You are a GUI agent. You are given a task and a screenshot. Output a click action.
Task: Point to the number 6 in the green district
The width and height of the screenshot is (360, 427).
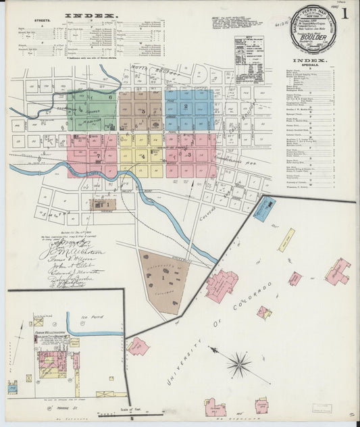(x=109, y=98)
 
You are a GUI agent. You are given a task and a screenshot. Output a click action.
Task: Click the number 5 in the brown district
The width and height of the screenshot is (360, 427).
(x=143, y=111)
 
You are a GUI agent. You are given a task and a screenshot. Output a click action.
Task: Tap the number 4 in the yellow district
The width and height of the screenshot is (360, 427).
(x=143, y=157)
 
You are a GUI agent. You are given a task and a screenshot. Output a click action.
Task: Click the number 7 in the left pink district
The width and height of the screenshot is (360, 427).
(x=99, y=156)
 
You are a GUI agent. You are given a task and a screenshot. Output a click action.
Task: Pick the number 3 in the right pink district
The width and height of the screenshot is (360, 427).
(x=189, y=155)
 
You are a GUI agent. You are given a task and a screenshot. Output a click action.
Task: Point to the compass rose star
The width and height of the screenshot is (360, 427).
(x=238, y=365)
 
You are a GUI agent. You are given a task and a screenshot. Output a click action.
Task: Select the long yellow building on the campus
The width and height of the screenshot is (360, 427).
(x=286, y=240)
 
